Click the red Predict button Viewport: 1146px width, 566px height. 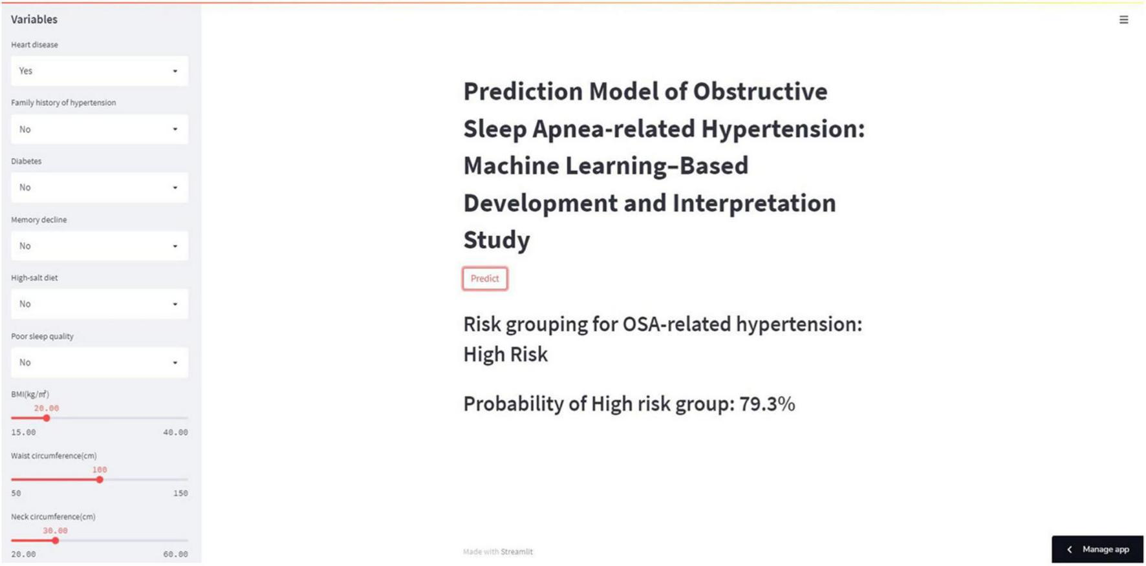coord(484,278)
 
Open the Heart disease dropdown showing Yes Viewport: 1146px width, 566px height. coord(100,71)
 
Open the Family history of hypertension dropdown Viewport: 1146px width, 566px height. coord(100,129)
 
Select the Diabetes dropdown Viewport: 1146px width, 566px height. coord(100,187)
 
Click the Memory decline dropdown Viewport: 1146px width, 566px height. coord(100,246)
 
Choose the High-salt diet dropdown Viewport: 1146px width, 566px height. coord(100,304)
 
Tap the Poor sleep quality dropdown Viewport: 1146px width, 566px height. coord(100,362)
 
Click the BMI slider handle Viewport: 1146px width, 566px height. coord(47,418)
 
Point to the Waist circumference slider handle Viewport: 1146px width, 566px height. coord(100,479)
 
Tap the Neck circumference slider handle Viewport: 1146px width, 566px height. coord(56,540)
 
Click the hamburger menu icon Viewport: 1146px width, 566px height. coord(1124,20)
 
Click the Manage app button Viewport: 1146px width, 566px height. coord(1097,549)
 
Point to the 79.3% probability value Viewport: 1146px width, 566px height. coord(767,404)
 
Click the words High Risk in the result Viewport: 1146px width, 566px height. coord(506,355)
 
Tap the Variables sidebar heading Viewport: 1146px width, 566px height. coord(34,19)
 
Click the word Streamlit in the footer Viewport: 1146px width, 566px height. coord(517,552)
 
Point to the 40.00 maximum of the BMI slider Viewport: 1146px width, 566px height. coord(175,432)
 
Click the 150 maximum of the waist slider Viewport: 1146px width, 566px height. coord(180,493)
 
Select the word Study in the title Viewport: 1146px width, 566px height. coord(497,240)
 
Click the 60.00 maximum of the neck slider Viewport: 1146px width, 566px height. coord(175,554)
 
